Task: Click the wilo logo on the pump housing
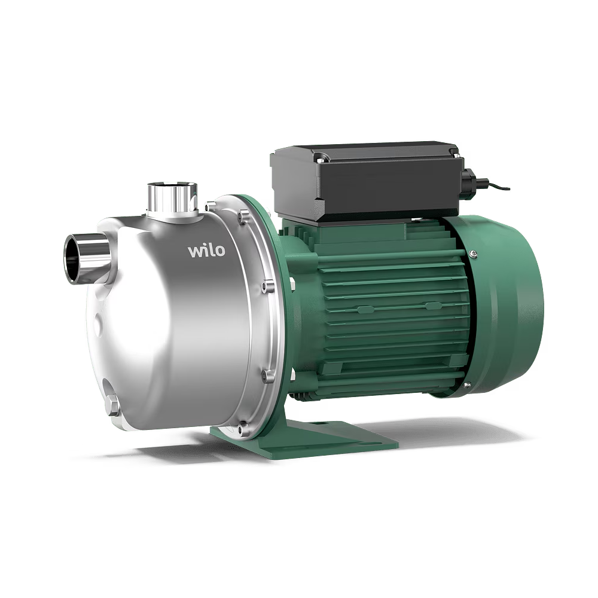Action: [206, 251]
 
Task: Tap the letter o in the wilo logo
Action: [219, 251]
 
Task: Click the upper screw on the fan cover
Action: [473, 253]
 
